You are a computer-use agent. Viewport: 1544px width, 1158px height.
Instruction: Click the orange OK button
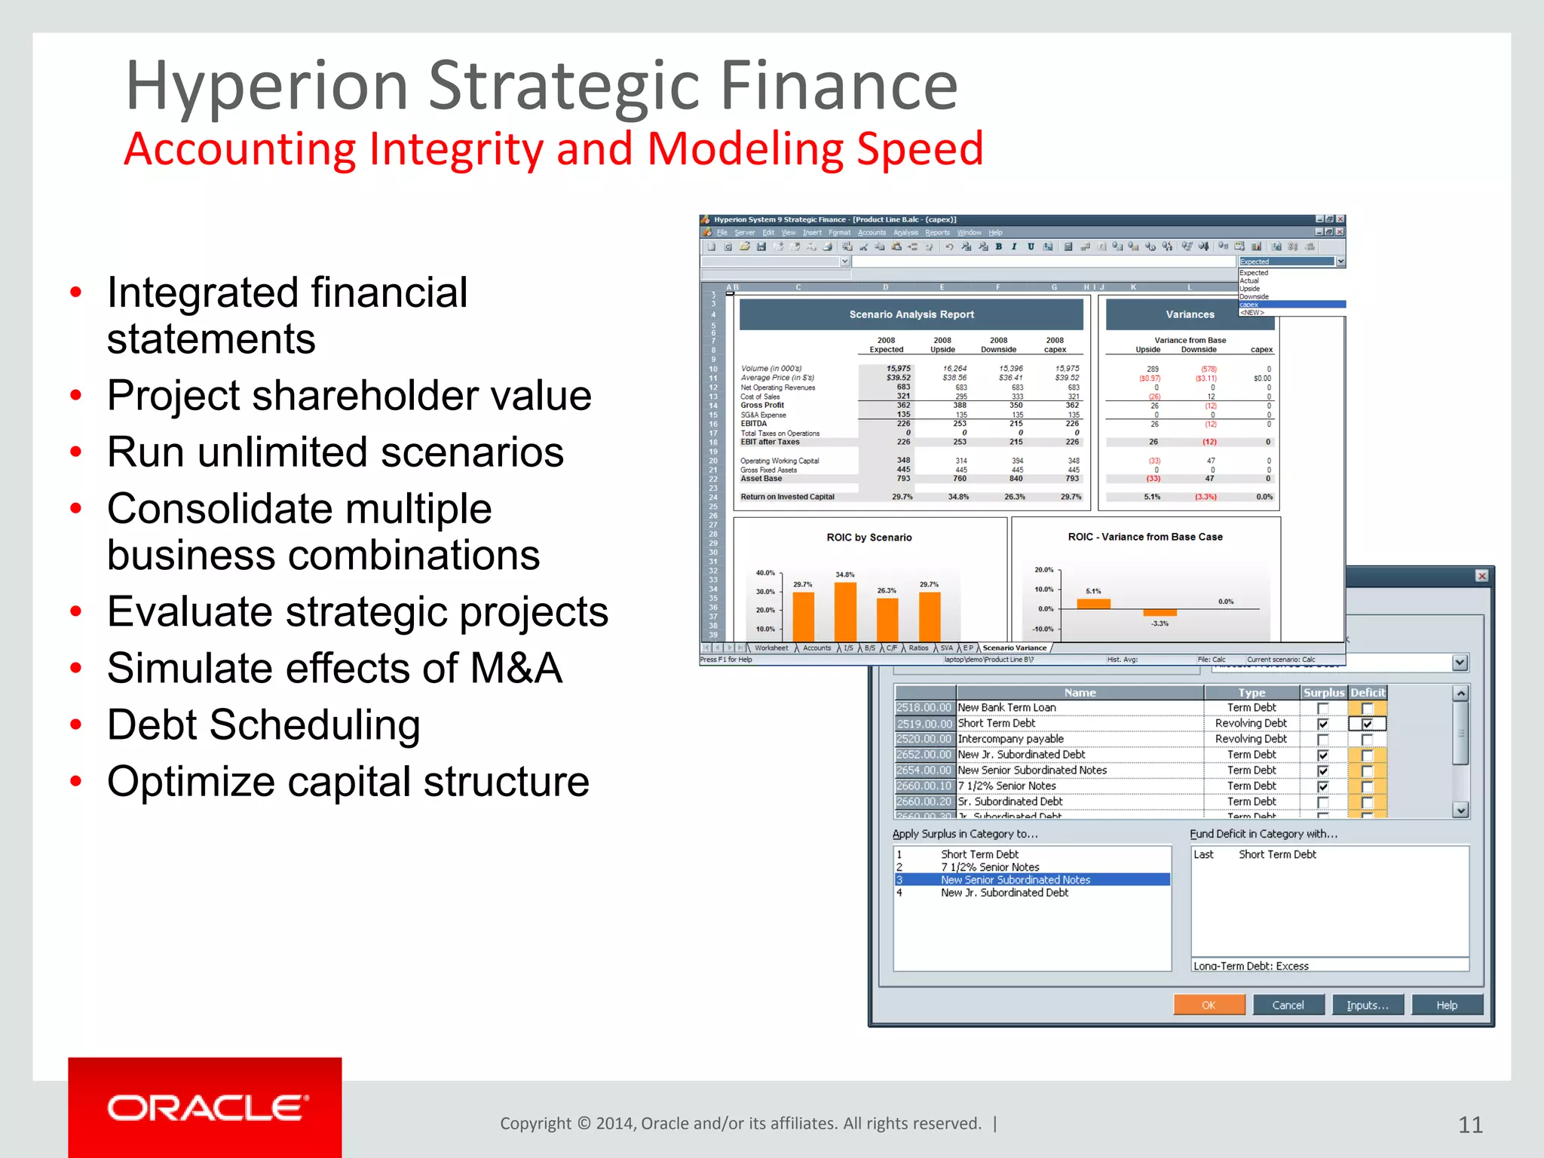tap(1209, 1005)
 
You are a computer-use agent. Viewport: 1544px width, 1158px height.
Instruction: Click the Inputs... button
tap(1367, 1005)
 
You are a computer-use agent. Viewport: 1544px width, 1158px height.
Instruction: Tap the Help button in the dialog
tap(1446, 1005)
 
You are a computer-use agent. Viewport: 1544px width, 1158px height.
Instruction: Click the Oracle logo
tap(205, 1108)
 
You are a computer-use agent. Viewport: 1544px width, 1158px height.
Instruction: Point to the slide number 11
tap(1470, 1125)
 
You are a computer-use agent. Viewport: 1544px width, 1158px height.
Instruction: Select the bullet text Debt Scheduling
tap(264, 725)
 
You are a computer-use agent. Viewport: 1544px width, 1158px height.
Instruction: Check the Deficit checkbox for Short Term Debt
tap(1367, 724)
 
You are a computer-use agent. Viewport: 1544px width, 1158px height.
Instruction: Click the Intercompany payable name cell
tap(1010, 739)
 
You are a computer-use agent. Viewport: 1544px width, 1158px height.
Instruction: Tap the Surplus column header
tap(1323, 692)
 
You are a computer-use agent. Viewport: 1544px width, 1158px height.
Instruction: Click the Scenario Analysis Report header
tap(911, 314)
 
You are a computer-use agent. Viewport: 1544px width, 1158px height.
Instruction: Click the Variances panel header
tap(1190, 314)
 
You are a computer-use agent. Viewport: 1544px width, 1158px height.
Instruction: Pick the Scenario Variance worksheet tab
tap(1014, 648)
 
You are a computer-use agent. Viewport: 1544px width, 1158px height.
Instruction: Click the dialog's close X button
tap(1481, 576)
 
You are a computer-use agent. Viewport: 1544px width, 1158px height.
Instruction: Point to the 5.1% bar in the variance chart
tap(1093, 603)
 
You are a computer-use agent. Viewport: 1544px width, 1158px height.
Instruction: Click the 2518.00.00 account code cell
tap(924, 707)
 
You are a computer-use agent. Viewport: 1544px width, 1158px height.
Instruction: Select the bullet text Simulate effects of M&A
tap(335, 668)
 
